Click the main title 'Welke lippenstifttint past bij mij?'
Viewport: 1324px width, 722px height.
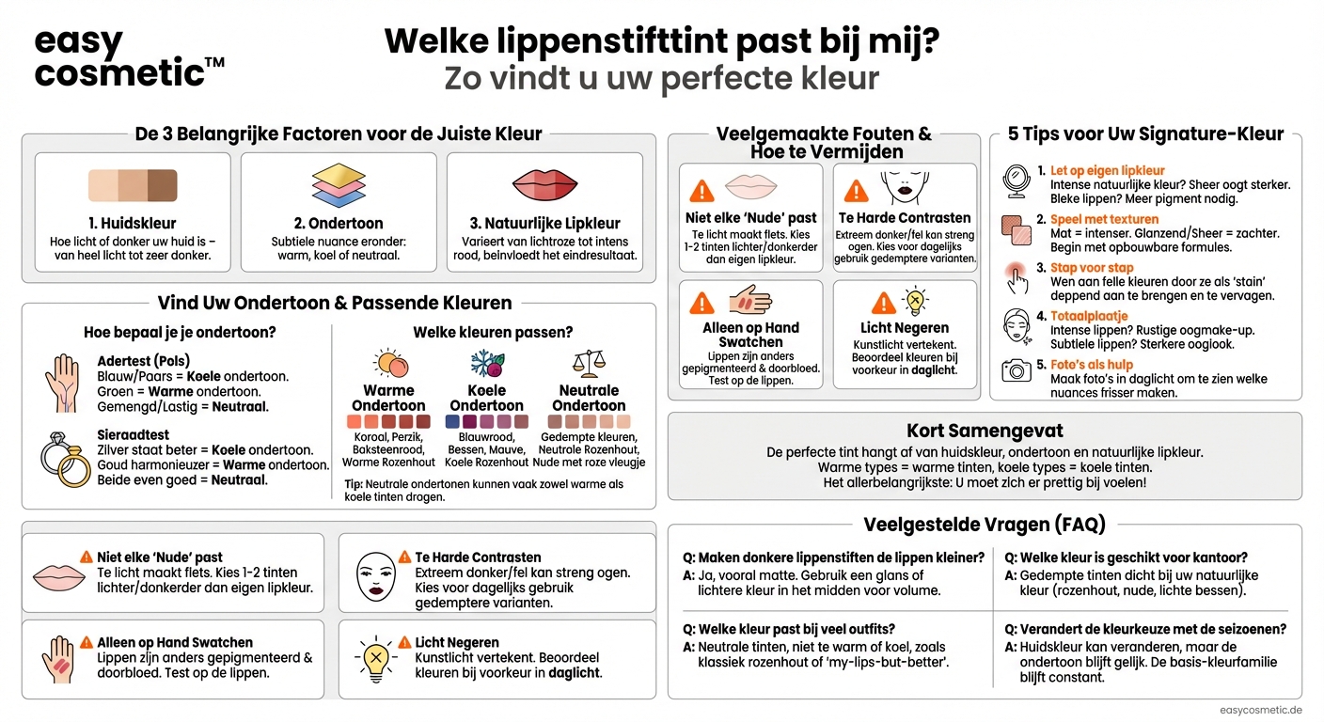click(662, 42)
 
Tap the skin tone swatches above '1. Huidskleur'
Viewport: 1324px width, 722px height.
click(133, 185)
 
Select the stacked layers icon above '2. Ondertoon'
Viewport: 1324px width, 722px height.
click(339, 184)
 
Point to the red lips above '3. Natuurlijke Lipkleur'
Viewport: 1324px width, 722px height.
click(544, 184)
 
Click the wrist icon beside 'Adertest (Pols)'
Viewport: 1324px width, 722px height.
click(61, 383)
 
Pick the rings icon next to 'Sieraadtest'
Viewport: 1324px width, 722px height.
click(63, 458)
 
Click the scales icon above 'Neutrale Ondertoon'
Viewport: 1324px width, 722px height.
click(589, 363)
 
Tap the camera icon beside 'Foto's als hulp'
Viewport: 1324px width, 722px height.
click(1016, 370)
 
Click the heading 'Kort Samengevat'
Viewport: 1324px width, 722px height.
click(985, 431)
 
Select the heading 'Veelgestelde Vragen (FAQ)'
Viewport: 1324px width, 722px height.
click(985, 525)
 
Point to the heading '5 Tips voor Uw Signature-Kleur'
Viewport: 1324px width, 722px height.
click(1145, 133)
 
